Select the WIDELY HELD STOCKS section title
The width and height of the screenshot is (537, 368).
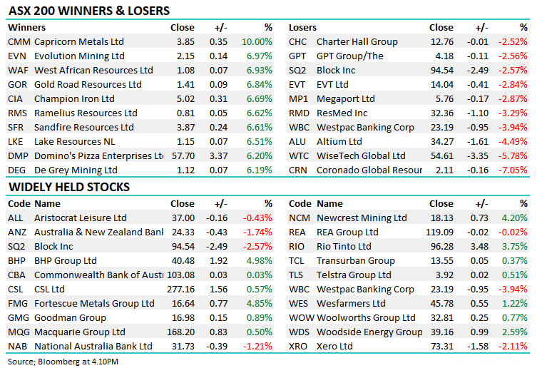(x=68, y=187)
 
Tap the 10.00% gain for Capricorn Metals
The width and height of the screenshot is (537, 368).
(x=257, y=41)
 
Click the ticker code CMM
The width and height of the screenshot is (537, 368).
(x=19, y=41)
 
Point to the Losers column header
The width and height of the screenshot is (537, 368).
(x=302, y=27)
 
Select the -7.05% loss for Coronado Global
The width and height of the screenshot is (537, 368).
(x=513, y=170)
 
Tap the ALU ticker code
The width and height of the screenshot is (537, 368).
(x=298, y=141)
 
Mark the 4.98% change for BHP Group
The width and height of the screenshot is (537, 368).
(x=257, y=260)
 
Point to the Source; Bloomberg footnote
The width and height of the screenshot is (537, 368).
(x=63, y=362)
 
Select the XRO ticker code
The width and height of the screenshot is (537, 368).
(x=299, y=346)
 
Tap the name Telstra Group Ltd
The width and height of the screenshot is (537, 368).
(x=354, y=275)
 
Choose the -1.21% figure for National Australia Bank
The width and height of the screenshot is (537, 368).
(x=257, y=346)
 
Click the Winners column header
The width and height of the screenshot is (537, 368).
(x=26, y=27)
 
